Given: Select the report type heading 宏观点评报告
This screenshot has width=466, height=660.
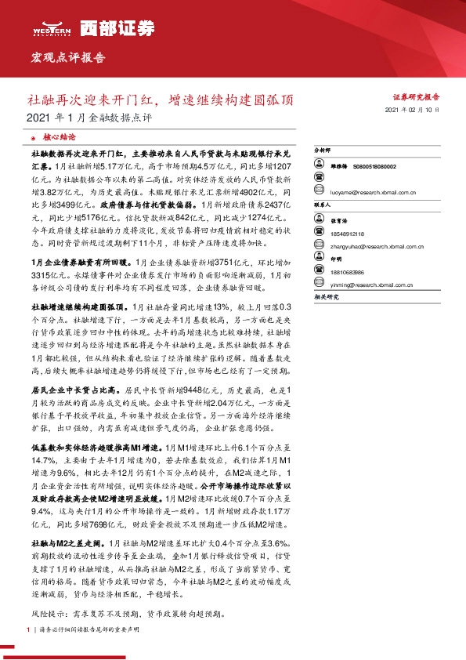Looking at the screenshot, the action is (x=67, y=58).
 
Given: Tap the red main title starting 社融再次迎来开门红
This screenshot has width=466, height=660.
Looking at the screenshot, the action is (x=161, y=100).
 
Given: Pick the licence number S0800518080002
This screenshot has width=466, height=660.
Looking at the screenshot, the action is (x=374, y=167).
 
